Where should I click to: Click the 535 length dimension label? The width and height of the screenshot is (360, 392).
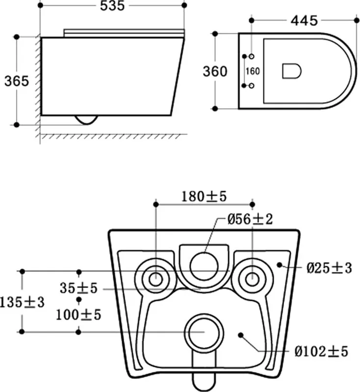[112, 6]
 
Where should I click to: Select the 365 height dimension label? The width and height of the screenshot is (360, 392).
[17, 81]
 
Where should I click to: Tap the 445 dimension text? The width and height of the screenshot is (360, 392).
[304, 21]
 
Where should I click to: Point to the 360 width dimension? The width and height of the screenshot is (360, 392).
[215, 72]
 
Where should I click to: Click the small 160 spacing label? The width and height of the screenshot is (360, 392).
[253, 71]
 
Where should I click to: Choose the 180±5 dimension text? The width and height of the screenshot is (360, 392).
[204, 196]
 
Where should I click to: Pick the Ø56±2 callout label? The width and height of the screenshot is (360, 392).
[250, 219]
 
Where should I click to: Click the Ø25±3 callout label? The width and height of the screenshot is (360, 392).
[329, 268]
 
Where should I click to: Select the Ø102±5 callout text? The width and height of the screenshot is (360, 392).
[321, 352]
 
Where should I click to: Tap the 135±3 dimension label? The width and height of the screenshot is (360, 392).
[22, 302]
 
